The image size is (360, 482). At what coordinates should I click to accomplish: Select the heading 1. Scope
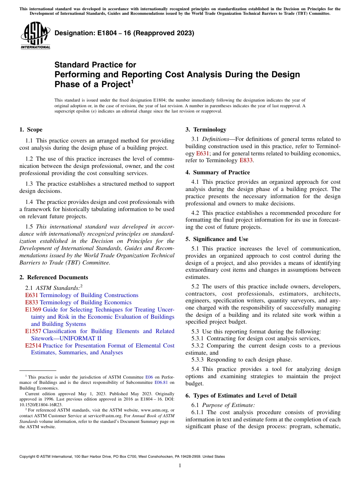coord(31,130)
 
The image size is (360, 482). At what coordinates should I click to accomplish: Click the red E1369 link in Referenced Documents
coord(33,310)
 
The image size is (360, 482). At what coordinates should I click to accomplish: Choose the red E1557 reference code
coord(33,331)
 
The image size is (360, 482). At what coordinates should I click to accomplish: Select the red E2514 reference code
coord(33,346)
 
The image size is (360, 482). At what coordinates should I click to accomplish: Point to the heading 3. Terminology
coord(206,130)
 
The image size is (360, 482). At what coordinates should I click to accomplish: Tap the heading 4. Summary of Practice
coord(218,172)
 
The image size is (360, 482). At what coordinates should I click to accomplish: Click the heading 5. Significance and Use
coord(217,239)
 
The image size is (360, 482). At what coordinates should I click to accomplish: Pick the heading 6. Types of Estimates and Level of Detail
coord(241,396)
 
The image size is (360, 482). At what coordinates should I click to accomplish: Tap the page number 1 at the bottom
coord(180,466)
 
